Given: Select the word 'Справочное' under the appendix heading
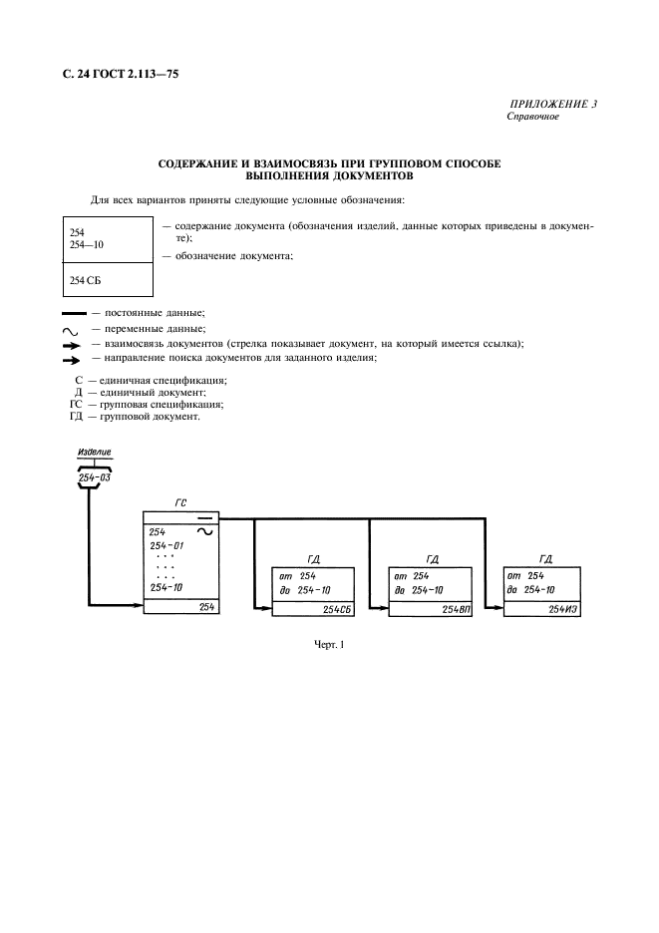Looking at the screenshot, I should pyautogui.click(x=534, y=117).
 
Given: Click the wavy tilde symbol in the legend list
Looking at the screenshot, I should pyautogui.click(x=70, y=329).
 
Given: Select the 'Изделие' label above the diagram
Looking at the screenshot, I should pyautogui.click(x=96, y=453).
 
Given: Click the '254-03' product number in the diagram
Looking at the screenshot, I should pyautogui.click(x=96, y=478).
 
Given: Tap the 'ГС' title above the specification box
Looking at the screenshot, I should pyautogui.click(x=180, y=504).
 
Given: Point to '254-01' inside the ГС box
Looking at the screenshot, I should pyautogui.click(x=167, y=546).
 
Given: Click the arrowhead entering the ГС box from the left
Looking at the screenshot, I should pyautogui.click(x=138, y=605).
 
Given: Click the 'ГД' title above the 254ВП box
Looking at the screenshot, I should pyautogui.click(x=433, y=559).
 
